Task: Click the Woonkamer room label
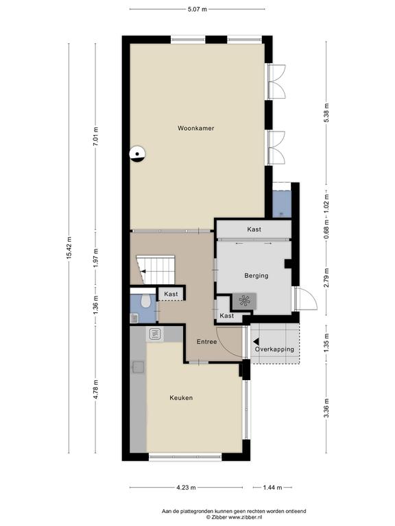[196, 128]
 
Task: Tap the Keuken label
[181, 398]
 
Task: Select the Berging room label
[256, 276]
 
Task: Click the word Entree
[206, 342]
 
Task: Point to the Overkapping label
[274, 349]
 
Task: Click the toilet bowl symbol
[145, 301]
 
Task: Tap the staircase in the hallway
[156, 269]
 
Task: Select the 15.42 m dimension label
[69, 248]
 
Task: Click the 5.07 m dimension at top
[197, 10]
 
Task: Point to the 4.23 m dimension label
[186, 488]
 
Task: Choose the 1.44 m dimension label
[272, 488]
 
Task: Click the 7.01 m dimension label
[96, 136]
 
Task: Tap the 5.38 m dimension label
[326, 113]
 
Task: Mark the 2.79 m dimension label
[326, 278]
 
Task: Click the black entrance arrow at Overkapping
[256, 342]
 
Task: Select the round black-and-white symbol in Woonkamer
[138, 154]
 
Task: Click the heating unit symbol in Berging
[244, 301]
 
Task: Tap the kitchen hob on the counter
[155, 334]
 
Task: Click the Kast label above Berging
[254, 229]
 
